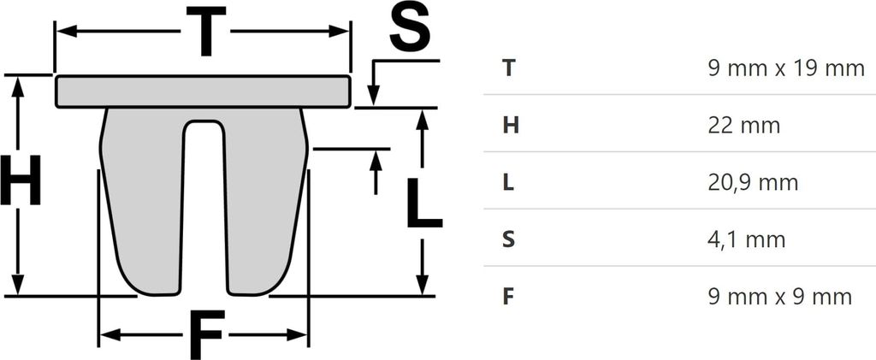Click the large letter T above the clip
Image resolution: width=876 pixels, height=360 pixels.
click(x=205, y=32)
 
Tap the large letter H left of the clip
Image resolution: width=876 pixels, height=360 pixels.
click(x=21, y=180)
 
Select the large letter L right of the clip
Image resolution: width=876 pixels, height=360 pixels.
click(x=423, y=204)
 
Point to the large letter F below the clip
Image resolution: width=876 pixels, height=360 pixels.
click(x=207, y=335)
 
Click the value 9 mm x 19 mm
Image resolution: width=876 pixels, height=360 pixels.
click(x=786, y=68)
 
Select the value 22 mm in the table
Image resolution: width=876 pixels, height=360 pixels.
click(x=743, y=126)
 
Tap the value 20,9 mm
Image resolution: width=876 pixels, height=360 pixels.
click(x=753, y=183)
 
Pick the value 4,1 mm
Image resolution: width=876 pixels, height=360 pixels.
click(x=746, y=240)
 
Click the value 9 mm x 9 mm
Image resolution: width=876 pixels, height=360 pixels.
click(x=780, y=297)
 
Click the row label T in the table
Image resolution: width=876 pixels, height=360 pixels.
click(x=508, y=68)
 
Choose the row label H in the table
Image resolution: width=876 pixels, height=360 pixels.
click(x=511, y=126)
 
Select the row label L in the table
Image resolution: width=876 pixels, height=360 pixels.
click(x=508, y=183)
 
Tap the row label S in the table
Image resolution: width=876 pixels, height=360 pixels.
click(x=509, y=240)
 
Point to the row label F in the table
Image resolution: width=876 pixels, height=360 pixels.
click(x=508, y=297)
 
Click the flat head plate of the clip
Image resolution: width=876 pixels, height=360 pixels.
click(x=204, y=91)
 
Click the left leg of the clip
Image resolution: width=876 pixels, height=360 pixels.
click(x=142, y=201)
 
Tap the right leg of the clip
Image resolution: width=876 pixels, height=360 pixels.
click(x=266, y=201)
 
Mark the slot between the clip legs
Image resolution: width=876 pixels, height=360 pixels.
click(x=204, y=207)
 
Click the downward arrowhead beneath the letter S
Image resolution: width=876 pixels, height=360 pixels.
click(x=374, y=95)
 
